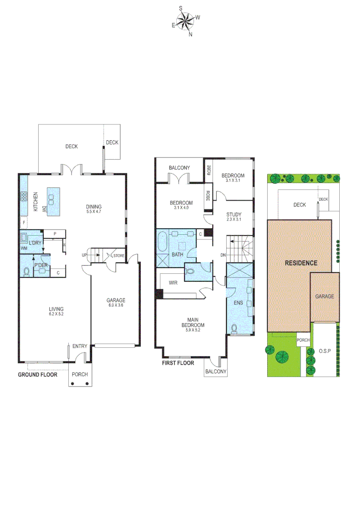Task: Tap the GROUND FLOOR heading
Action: (37, 375)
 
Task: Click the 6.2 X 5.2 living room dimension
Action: (56, 314)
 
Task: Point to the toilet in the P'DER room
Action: (27, 271)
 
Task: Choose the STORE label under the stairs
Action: (119, 256)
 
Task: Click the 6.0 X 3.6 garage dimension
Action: (115, 305)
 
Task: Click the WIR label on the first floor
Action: (172, 283)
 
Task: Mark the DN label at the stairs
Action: (223, 255)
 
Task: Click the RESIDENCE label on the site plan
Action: (301, 263)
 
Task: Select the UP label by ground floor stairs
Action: (85, 255)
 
